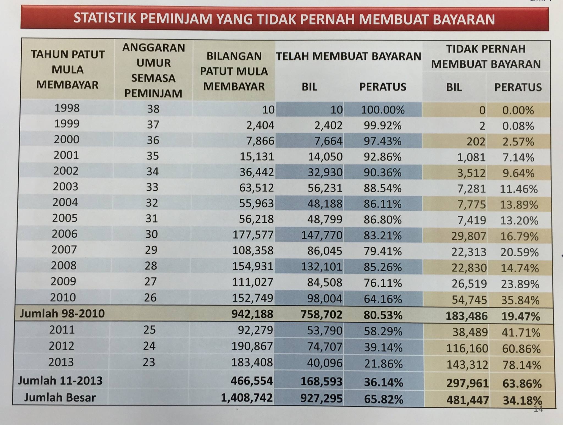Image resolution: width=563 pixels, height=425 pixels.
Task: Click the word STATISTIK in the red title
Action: pos(105,18)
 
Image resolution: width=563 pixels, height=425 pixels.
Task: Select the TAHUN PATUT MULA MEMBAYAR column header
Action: pos(68,70)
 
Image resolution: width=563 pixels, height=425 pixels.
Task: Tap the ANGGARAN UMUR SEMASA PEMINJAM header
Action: pos(153,70)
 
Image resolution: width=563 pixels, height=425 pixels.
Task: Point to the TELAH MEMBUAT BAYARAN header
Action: pos(349,56)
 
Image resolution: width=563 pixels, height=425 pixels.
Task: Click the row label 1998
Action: pos(67,108)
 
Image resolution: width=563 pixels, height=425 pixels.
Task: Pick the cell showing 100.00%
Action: pos(383,110)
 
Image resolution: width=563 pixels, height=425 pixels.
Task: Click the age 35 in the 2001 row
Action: pos(153,156)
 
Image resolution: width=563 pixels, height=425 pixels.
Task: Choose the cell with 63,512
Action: pos(256,188)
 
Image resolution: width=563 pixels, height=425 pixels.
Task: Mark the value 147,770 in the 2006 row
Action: pos(322,235)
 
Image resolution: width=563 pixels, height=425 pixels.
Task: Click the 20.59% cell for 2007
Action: pos(519,252)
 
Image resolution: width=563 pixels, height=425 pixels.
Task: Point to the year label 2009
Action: pos(64,281)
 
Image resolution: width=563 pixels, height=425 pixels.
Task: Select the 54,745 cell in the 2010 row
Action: pos(469,300)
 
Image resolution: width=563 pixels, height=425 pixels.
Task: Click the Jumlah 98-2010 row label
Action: pos(62,314)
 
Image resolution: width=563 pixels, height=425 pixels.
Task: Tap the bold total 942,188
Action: pos(252,314)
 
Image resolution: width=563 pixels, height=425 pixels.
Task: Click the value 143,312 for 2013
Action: pos(467,365)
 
